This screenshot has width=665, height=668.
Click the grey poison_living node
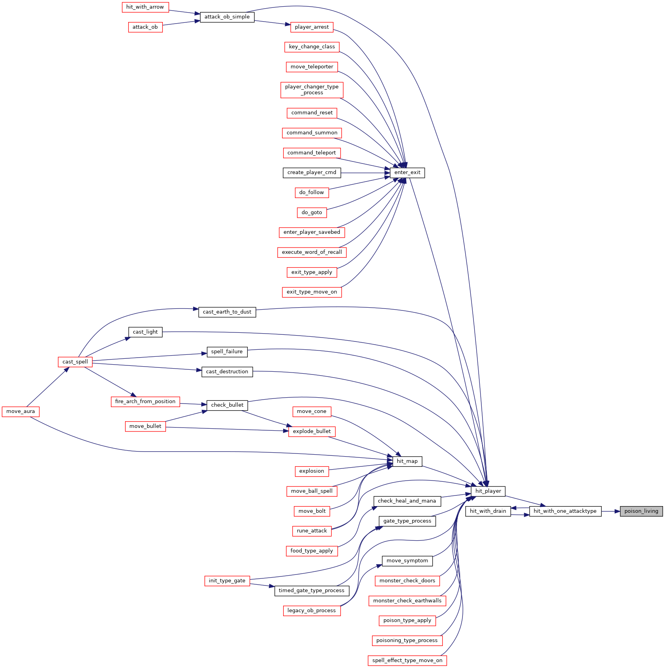(x=641, y=511)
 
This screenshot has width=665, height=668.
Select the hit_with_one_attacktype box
(x=565, y=511)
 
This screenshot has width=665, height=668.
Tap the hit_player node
(x=488, y=491)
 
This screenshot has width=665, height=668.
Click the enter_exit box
(x=407, y=173)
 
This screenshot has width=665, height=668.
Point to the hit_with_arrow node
(x=145, y=7)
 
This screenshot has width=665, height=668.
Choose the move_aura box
(x=21, y=411)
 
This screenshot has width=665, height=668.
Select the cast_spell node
(x=75, y=362)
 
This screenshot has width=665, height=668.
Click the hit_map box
(x=407, y=461)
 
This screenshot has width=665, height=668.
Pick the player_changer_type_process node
(x=312, y=90)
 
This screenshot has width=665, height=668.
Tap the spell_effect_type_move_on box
(x=407, y=661)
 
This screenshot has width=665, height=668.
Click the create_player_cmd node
(x=312, y=173)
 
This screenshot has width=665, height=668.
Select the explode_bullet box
(x=312, y=431)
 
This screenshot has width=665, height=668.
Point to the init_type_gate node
(x=227, y=581)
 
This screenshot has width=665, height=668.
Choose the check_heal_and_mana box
(x=407, y=501)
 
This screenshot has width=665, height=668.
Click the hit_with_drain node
(x=488, y=511)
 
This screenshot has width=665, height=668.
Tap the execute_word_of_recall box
(x=312, y=252)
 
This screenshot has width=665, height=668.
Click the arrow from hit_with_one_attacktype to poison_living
(x=611, y=511)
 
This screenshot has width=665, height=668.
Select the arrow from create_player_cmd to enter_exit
(x=365, y=173)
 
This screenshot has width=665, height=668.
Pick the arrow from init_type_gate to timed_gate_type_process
(x=262, y=585)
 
